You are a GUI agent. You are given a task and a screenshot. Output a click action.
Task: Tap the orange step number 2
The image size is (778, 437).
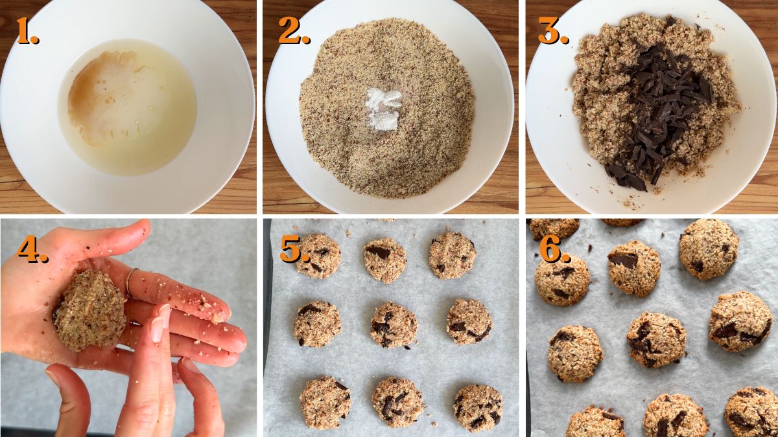pos(293,31)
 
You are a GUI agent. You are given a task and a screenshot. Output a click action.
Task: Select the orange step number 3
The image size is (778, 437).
pos(552,31)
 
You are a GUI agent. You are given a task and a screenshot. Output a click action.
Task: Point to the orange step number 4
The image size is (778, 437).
pos(32,249)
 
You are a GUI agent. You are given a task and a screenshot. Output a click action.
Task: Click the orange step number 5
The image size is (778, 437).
pos(294,249)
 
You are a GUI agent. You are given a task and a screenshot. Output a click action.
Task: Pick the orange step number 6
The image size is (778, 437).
pos(554,249)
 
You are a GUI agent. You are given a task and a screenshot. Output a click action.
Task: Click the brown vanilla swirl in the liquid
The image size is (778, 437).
pos(97,97)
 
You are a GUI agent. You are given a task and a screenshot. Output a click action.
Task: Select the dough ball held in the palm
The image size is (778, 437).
pos(90,311)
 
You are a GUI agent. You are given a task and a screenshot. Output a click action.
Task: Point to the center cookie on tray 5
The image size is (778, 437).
pos(394,324)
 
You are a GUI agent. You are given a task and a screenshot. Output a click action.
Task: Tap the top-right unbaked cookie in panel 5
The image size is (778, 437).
pos(452,255)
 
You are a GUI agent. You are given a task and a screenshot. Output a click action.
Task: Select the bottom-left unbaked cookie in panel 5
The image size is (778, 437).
pos(325,402)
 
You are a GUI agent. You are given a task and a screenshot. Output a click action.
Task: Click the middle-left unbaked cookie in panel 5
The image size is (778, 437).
pos(317,324)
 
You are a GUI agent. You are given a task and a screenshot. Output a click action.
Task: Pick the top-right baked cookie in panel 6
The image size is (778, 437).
pos(709,249)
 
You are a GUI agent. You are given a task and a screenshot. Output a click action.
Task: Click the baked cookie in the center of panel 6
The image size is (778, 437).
pos(655,339)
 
